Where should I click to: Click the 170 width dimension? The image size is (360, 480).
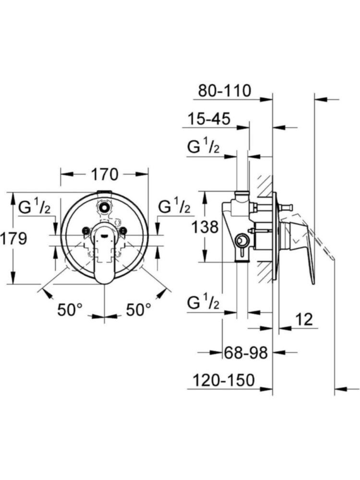click(x=104, y=174)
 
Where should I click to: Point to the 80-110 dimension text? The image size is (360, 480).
click(x=225, y=90)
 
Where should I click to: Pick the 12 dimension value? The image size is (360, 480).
click(x=304, y=318)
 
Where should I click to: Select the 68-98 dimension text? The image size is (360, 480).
click(x=245, y=353)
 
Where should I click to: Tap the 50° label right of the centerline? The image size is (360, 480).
click(x=138, y=310)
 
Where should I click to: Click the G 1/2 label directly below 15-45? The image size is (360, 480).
click(x=204, y=147)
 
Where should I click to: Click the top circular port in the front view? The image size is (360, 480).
click(x=104, y=208)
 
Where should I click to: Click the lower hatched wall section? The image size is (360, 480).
click(x=264, y=271)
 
